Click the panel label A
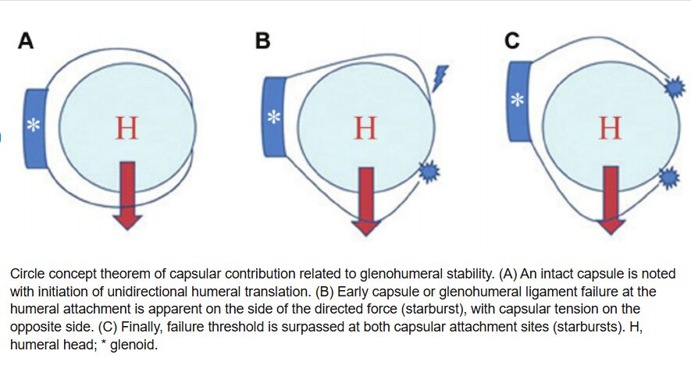click(26, 41)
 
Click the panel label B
click(263, 41)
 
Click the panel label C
click(512, 41)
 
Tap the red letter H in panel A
click(126, 128)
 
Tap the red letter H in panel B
click(365, 128)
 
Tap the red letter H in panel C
click(610, 128)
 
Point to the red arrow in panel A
click(127, 195)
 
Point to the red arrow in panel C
click(611, 199)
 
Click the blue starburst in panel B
click(428, 171)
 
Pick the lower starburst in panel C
click(669, 179)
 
